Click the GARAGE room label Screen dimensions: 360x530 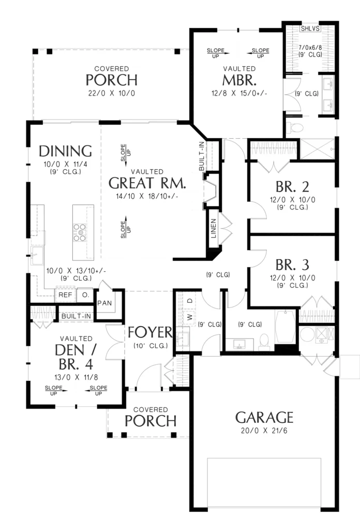click(x=264, y=418)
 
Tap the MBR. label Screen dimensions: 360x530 click(x=239, y=80)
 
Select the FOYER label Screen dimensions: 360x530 click(x=150, y=333)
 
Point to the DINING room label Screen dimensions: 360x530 click(x=65, y=151)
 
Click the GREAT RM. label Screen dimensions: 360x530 click(x=147, y=183)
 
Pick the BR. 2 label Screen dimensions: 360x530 click(x=292, y=186)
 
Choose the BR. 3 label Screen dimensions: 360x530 click(x=292, y=265)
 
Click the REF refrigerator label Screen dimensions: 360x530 click(x=65, y=295)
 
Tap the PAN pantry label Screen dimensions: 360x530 click(x=104, y=303)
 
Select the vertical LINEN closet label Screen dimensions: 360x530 click(x=214, y=228)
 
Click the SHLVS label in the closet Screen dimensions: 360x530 click(x=310, y=28)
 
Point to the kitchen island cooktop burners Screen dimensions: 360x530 click(x=80, y=232)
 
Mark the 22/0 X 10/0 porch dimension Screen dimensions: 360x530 click(x=111, y=93)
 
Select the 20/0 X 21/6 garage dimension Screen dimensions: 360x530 click(x=264, y=431)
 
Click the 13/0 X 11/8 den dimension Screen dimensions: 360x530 click(x=77, y=377)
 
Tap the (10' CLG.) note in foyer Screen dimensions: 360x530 click(x=151, y=346)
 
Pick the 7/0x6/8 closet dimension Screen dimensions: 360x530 click(x=310, y=47)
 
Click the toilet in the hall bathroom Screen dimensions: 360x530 click(x=264, y=342)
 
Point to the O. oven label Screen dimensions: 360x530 click(x=85, y=295)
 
